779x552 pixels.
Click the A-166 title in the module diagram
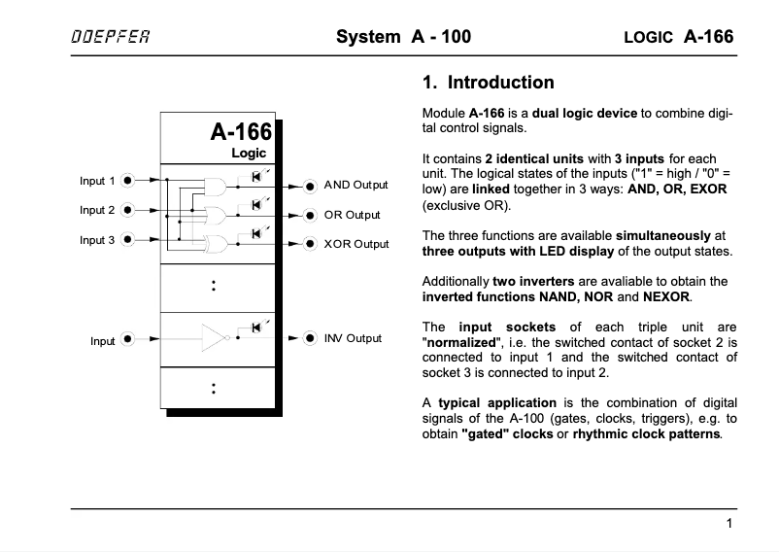[x=241, y=133]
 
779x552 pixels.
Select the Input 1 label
[x=97, y=181]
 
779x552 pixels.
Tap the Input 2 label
[x=97, y=210]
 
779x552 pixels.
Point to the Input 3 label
[x=97, y=239]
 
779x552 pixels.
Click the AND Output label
[x=356, y=185]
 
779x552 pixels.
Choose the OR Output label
[x=352, y=215]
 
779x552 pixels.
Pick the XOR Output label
[x=356, y=244]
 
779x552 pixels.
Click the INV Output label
[x=353, y=338]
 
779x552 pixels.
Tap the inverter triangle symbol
[x=213, y=337]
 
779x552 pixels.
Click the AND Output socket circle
[x=310, y=186]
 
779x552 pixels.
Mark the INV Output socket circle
[x=310, y=338]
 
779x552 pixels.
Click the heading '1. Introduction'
[x=489, y=83]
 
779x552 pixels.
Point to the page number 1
[x=728, y=524]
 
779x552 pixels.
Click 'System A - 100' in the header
[x=403, y=38]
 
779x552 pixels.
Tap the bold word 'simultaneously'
[x=660, y=236]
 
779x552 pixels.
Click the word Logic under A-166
[x=249, y=154]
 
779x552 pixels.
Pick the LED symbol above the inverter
[x=256, y=327]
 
